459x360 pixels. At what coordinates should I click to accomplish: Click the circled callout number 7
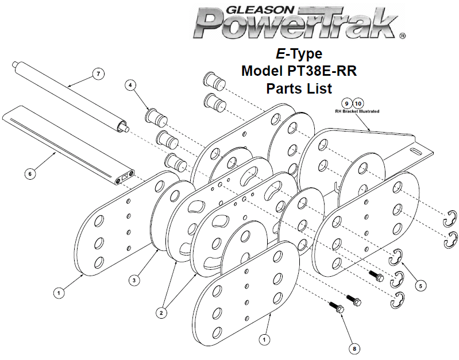(x=98, y=73)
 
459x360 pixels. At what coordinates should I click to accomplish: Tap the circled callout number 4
(x=130, y=85)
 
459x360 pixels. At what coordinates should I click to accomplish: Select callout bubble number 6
(x=30, y=173)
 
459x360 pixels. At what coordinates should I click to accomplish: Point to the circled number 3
(x=134, y=280)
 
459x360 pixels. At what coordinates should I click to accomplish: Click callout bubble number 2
(x=161, y=313)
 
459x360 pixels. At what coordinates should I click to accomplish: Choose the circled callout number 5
(x=421, y=286)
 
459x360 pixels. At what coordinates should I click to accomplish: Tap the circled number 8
(x=354, y=349)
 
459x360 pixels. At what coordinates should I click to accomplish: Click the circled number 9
(x=346, y=103)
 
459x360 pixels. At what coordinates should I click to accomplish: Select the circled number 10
(x=358, y=103)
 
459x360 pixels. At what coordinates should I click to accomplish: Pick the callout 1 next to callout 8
(x=264, y=339)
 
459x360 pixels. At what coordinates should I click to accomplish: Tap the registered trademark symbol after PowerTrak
(x=402, y=36)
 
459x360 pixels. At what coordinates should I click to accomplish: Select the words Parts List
(x=299, y=88)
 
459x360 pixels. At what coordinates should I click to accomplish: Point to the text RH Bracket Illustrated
(x=357, y=111)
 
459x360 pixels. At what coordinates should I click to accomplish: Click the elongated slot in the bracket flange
(x=415, y=151)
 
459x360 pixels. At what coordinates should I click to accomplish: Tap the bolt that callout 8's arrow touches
(x=337, y=307)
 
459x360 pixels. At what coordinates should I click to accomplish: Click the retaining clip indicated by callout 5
(x=395, y=257)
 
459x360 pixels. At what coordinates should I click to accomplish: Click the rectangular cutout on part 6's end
(x=125, y=176)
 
